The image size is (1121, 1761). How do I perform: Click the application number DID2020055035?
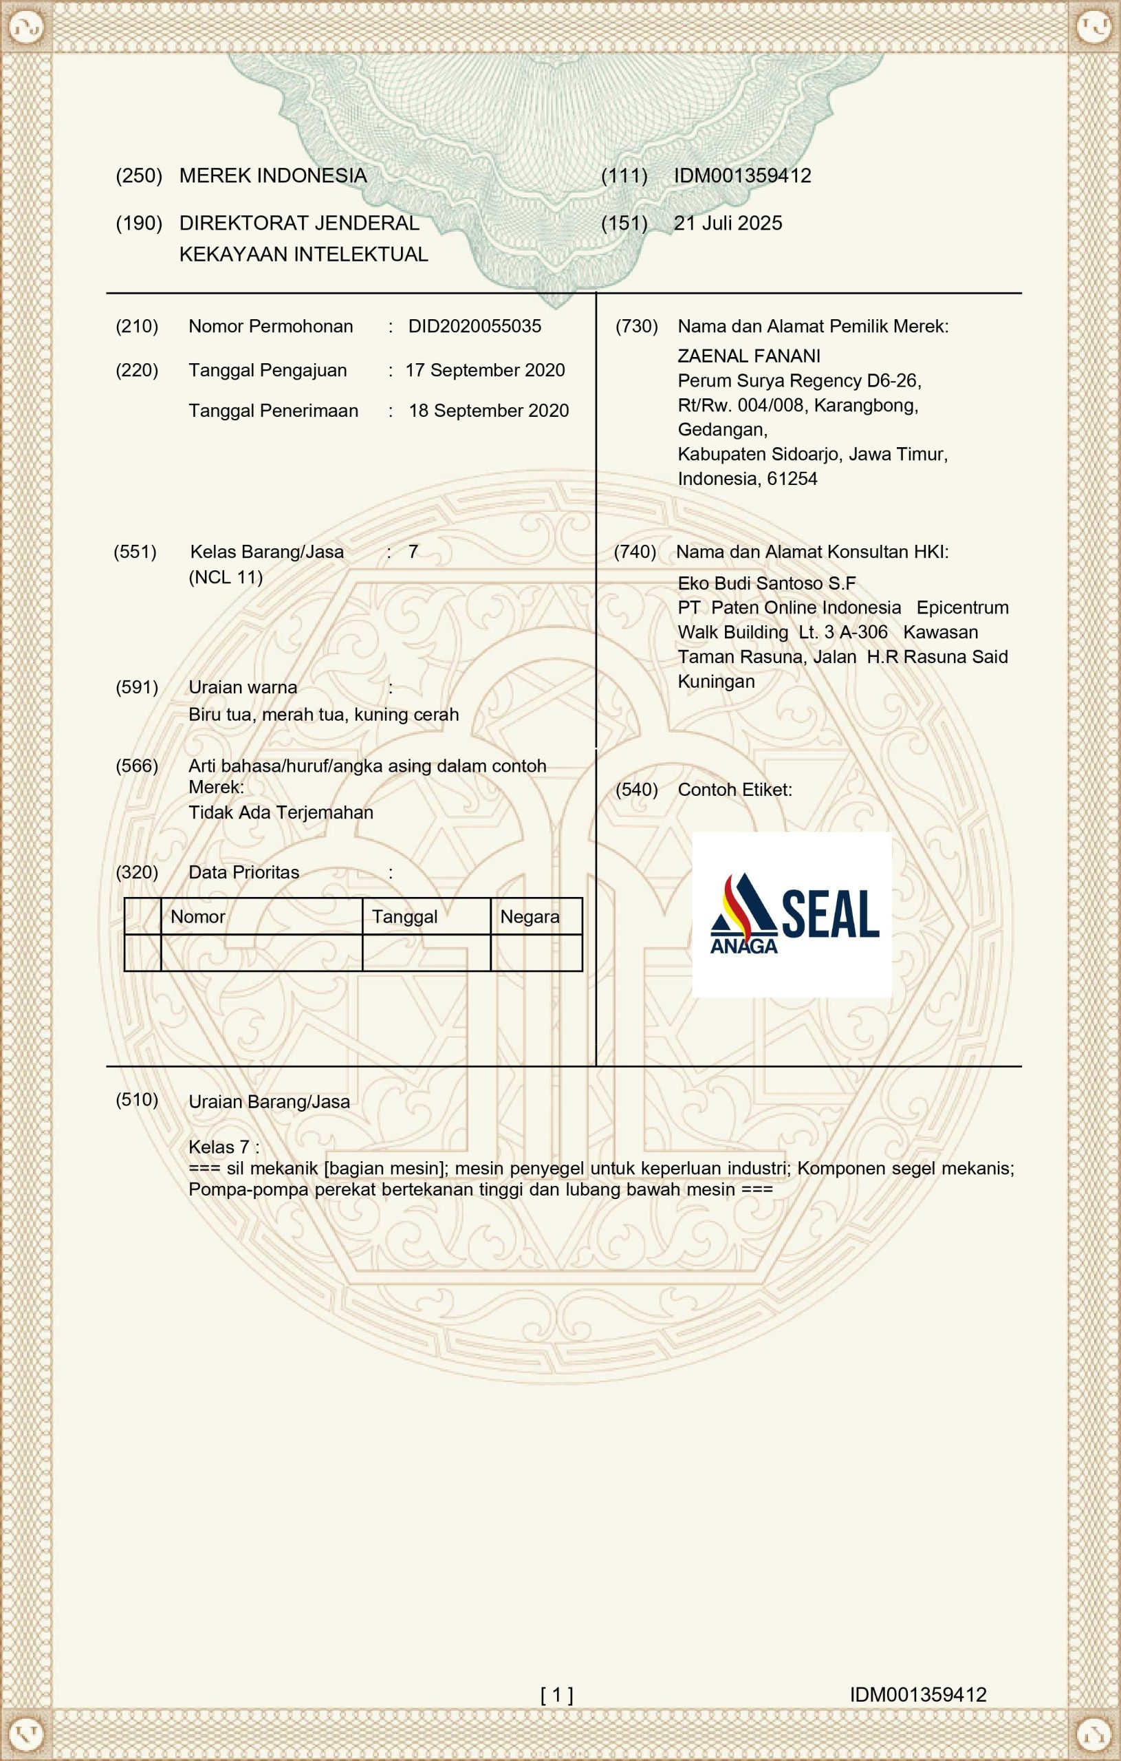(x=475, y=326)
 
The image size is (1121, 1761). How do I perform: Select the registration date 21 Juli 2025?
(x=728, y=223)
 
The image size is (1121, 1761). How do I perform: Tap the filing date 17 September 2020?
(x=485, y=370)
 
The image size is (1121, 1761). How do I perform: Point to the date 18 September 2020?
(x=488, y=410)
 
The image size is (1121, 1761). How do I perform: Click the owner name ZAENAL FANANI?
(x=749, y=356)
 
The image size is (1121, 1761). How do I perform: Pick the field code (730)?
(x=636, y=326)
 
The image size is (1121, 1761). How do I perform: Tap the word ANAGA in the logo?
(x=743, y=946)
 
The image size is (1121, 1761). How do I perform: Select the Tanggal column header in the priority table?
(x=404, y=916)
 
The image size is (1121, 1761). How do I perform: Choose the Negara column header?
(x=530, y=916)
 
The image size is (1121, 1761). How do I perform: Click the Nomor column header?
(x=197, y=916)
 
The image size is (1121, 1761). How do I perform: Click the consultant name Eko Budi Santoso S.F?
(x=766, y=583)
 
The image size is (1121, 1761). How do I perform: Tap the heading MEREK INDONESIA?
(x=273, y=175)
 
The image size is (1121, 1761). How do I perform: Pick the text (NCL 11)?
(x=225, y=577)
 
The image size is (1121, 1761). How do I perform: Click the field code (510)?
(x=137, y=1099)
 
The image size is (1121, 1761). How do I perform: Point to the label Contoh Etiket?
(x=734, y=790)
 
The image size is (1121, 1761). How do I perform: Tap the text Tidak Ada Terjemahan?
(x=281, y=812)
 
